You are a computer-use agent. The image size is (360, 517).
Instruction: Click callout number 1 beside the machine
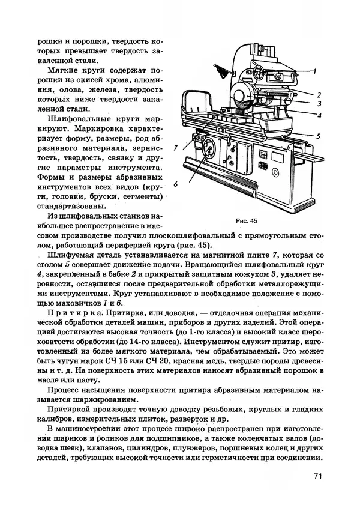(x=322, y=71)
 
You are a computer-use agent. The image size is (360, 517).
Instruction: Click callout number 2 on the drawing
(x=320, y=94)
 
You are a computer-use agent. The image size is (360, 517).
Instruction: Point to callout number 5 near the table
(x=319, y=136)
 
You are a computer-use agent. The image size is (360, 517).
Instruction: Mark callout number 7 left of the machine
(x=175, y=147)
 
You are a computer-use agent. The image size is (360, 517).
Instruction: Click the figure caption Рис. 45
(x=247, y=220)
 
